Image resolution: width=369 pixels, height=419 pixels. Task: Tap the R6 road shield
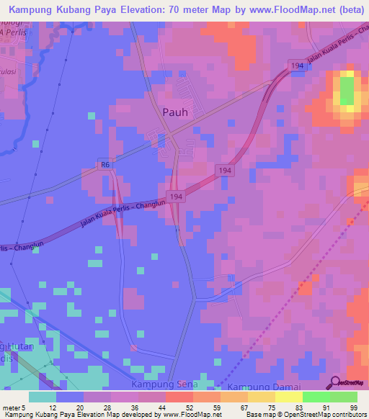pyautogui.click(x=105, y=166)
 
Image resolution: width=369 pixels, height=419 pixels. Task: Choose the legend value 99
pyautogui.click(x=353, y=407)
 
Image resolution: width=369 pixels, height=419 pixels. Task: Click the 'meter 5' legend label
pyautogui.click(x=12, y=407)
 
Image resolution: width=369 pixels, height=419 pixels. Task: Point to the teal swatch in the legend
pyautogui.click(x=43, y=397)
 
